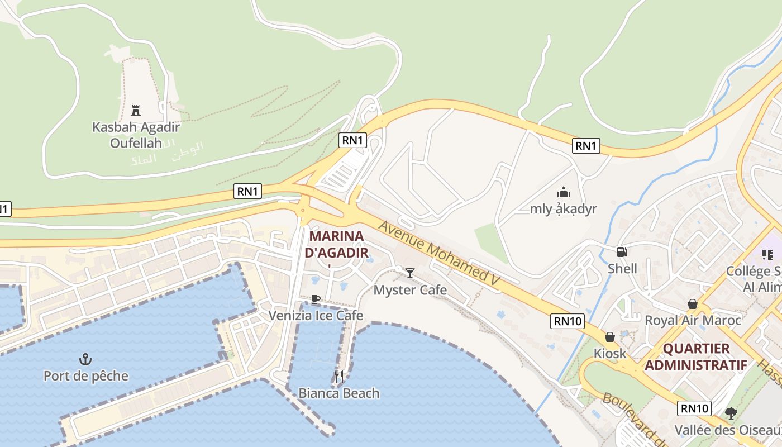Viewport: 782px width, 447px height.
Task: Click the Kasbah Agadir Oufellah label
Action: point(136,135)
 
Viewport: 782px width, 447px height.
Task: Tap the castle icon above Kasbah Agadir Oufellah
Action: point(136,110)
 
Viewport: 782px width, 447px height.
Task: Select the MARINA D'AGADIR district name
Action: point(336,244)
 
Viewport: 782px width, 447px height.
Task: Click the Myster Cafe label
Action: point(410,289)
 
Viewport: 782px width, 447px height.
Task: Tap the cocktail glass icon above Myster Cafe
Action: point(410,273)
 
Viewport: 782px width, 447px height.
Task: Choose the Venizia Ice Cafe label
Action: point(316,315)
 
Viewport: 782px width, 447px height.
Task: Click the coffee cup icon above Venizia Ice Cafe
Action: point(316,299)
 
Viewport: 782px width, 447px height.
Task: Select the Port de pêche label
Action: point(86,375)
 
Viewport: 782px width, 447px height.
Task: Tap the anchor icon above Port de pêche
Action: point(85,359)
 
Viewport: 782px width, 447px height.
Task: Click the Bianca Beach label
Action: point(338,393)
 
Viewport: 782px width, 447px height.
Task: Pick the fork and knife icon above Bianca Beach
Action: point(339,376)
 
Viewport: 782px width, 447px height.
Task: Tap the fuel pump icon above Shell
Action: point(622,252)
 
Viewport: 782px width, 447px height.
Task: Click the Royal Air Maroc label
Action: point(693,320)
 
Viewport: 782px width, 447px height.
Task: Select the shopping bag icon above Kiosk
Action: point(610,337)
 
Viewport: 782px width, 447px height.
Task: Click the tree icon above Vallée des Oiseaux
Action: point(731,413)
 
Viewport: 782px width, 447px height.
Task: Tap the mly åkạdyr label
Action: point(563,209)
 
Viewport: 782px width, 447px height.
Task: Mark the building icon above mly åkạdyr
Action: point(563,193)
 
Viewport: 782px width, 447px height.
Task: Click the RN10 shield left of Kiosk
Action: point(568,321)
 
